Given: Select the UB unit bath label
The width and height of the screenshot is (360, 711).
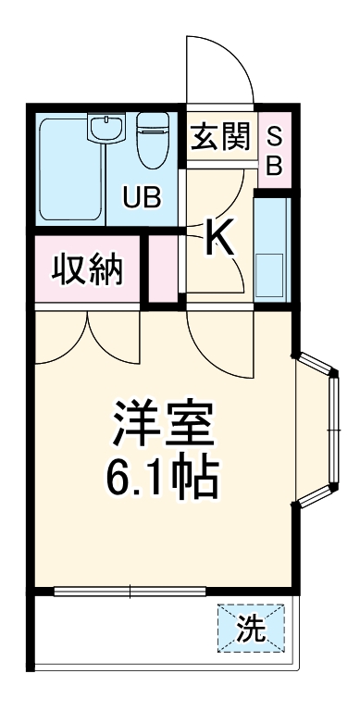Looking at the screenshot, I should (x=143, y=197).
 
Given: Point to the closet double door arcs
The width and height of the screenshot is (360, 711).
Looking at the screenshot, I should (x=88, y=338).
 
